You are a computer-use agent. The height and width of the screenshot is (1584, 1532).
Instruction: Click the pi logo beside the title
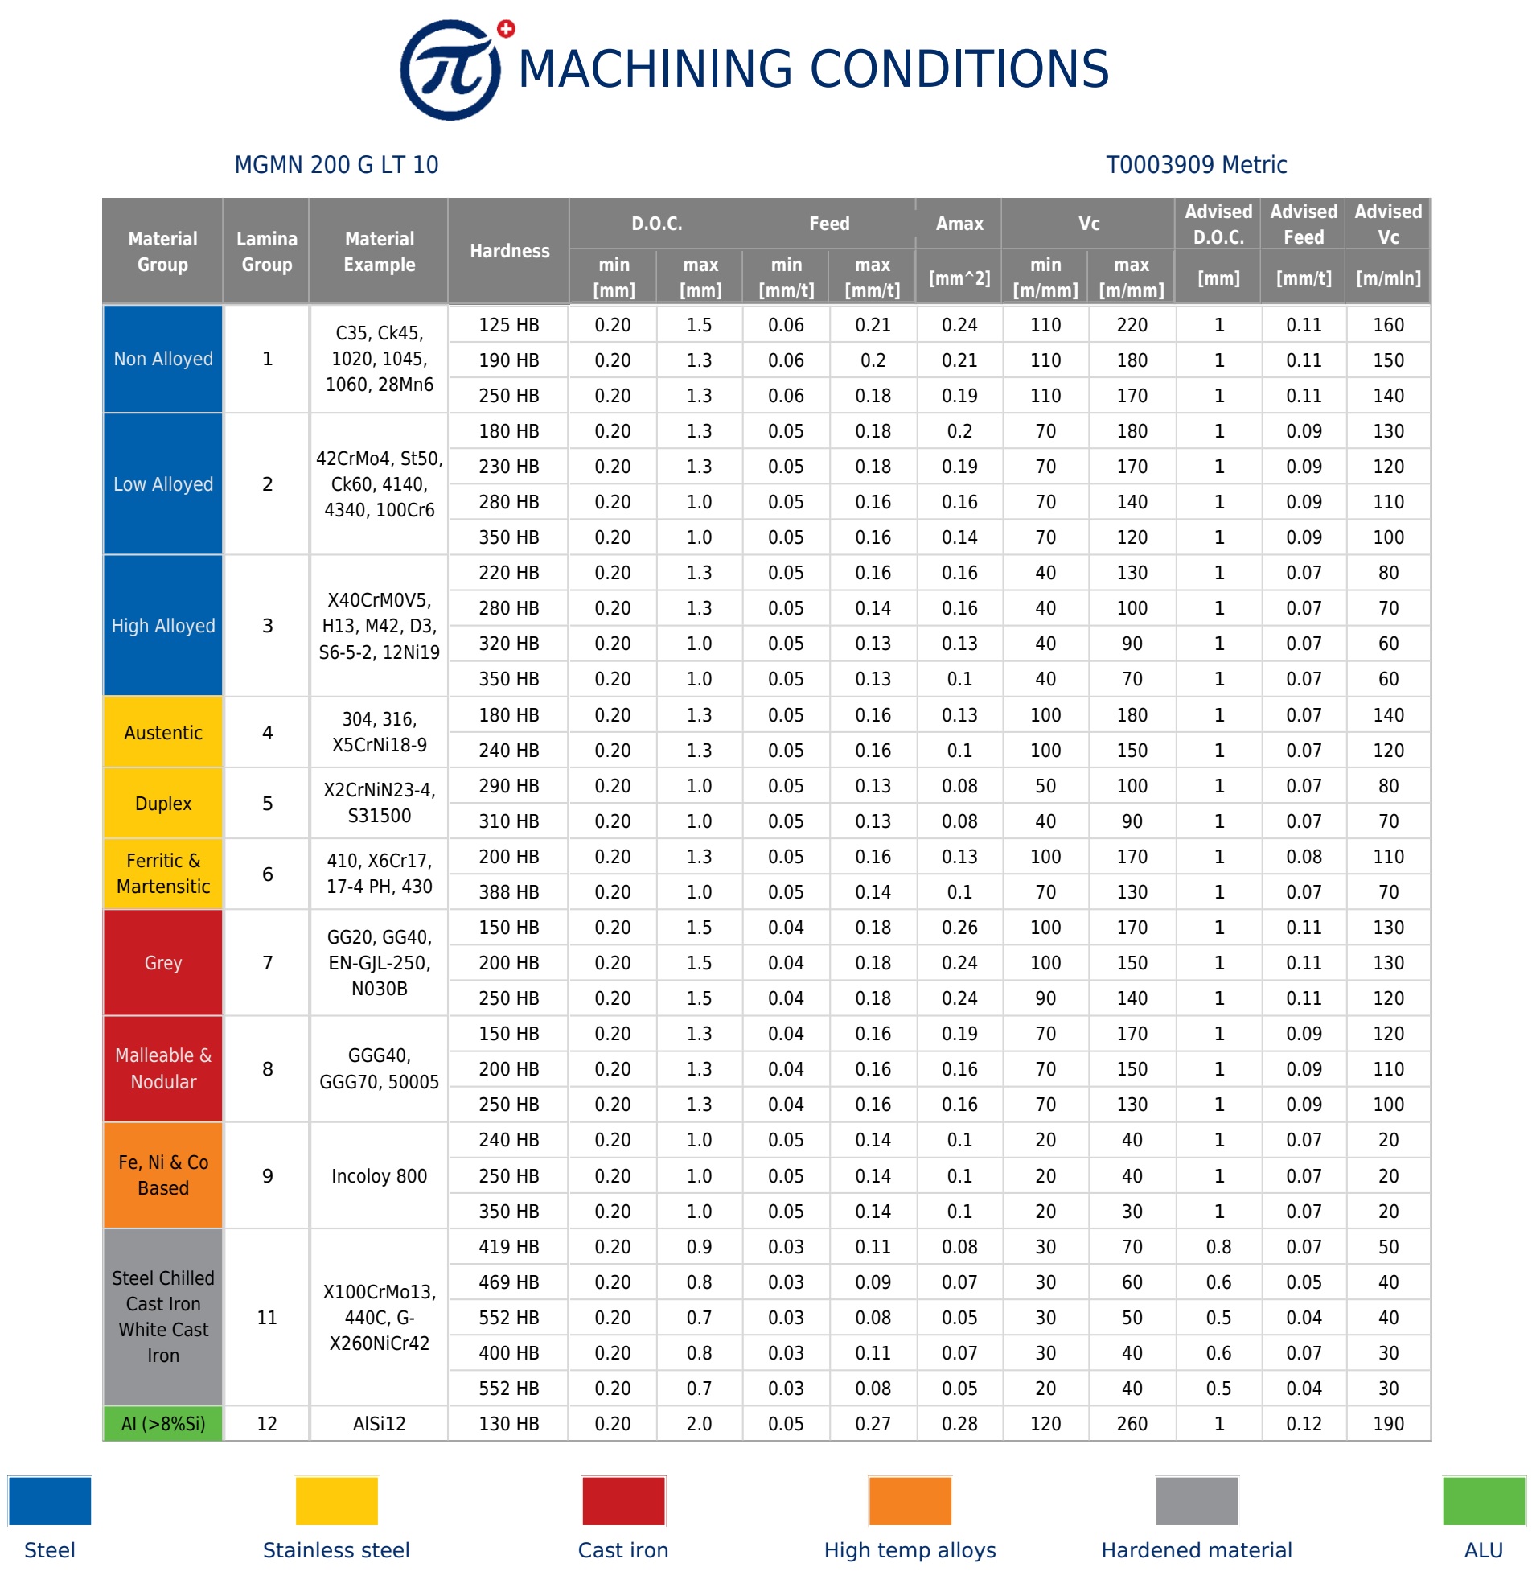coord(451,70)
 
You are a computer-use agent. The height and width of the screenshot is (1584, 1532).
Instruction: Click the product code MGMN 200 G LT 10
coord(336,165)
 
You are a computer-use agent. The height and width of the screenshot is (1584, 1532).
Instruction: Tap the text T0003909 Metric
coord(1196,165)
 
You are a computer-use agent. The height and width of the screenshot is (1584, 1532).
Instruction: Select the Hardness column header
coord(509,251)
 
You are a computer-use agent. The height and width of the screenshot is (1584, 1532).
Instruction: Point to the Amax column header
coord(959,224)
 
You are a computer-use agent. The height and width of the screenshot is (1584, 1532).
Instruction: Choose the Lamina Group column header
coord(267,251)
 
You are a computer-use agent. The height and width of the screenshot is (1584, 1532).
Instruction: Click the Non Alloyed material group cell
coord(163,359)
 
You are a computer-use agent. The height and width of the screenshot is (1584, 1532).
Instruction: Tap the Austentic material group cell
coord(163,733)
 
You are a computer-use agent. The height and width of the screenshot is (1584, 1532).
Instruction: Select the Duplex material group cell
coord(163,804)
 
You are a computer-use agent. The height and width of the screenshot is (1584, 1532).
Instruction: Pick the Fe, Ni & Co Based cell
coord(163,1175)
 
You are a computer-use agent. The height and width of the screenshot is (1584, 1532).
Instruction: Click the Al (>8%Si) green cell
coord(163,1424)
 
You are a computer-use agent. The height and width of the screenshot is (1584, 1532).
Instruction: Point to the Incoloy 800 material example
coord(379,1176)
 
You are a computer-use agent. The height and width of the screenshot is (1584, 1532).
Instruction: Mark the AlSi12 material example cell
coord(379,1424)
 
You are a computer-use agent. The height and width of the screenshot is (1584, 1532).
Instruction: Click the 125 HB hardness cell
coord(508,325)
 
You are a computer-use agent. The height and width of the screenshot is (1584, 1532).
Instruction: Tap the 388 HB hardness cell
coord(508,892)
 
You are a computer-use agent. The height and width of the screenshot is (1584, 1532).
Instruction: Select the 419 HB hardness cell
coord(508,1247)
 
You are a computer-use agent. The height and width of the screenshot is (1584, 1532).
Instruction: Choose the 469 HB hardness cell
coord(508,1282)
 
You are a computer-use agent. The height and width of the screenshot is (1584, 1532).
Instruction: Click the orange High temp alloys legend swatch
coord(910,1501)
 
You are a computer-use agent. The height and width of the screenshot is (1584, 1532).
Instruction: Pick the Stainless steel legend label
coord(336,1550)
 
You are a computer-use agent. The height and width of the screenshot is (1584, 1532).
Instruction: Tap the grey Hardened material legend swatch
coord(1197,1501)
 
